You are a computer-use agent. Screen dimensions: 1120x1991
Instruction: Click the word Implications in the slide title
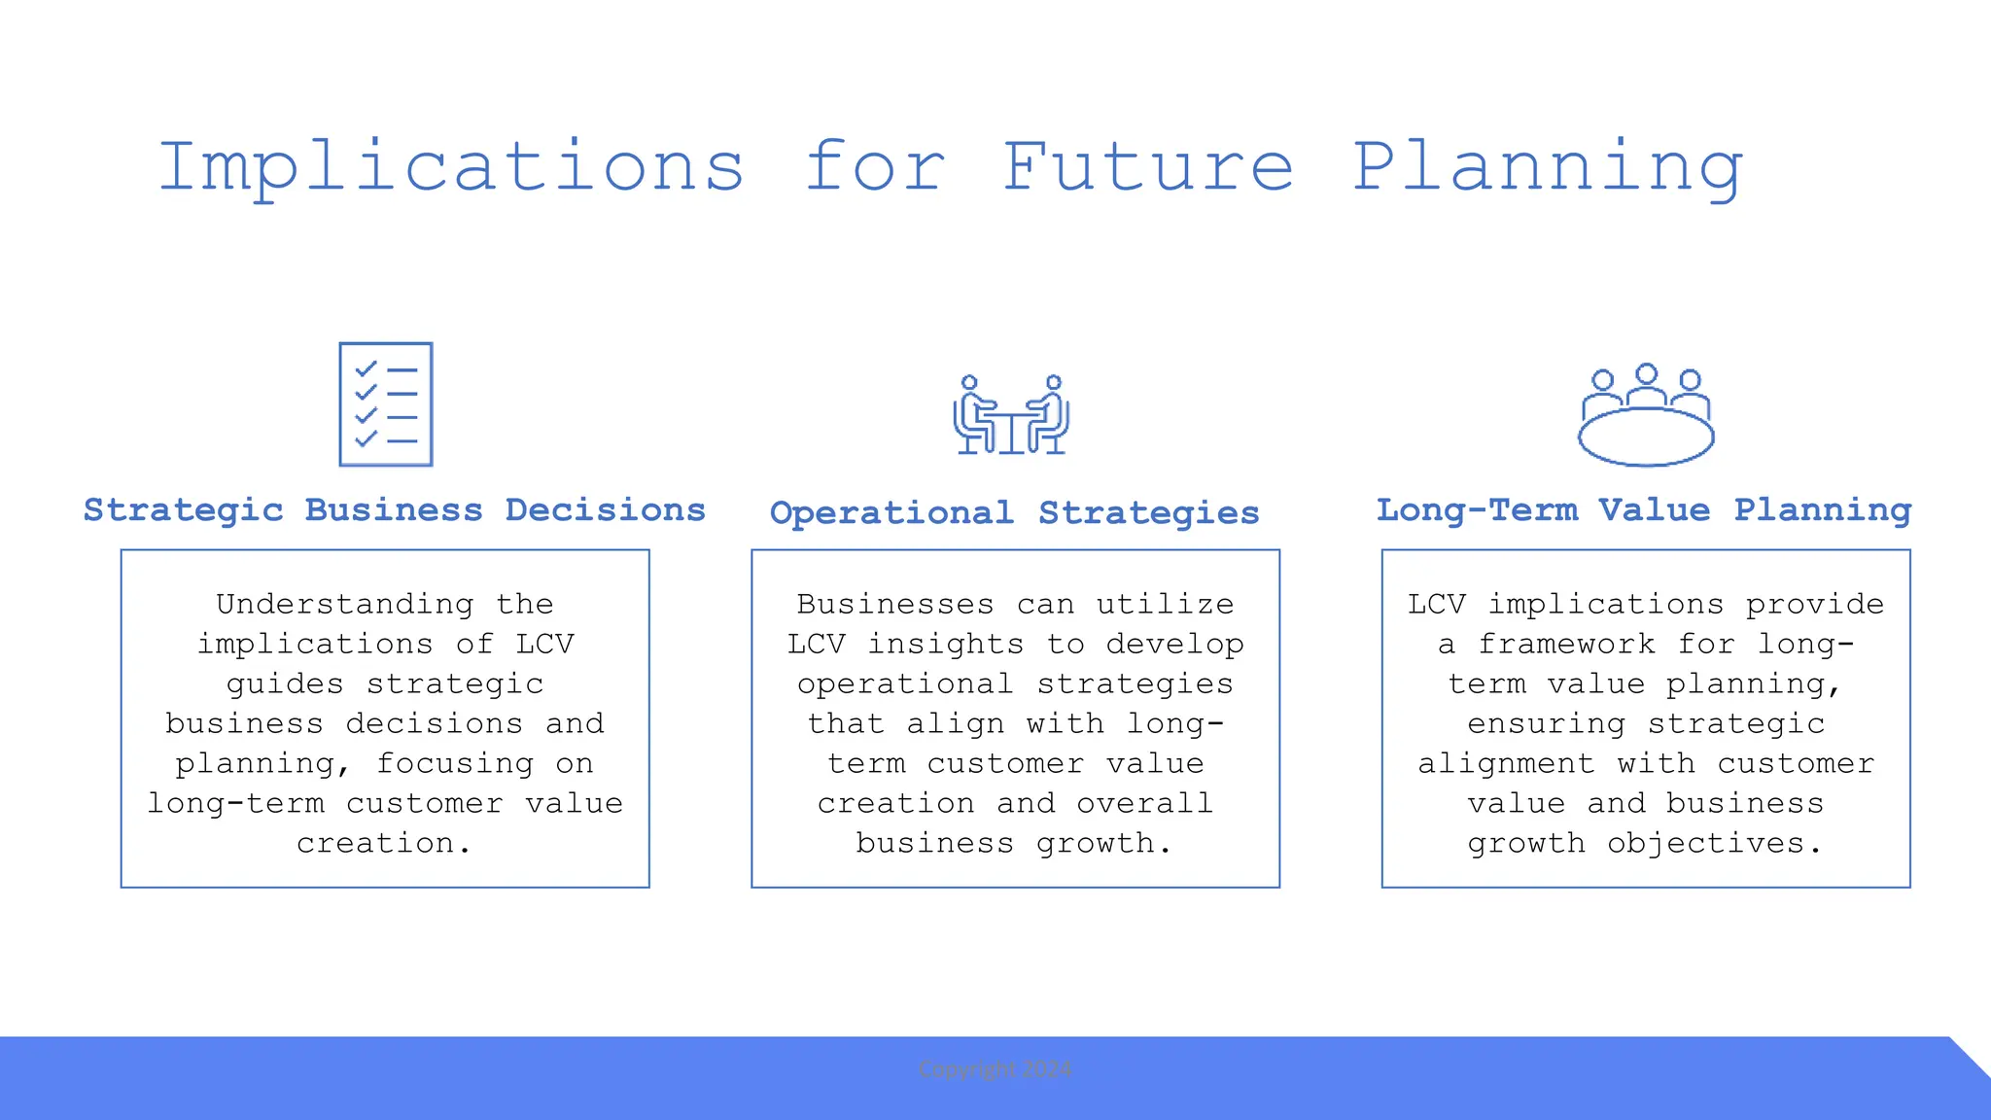(x=451, y=167)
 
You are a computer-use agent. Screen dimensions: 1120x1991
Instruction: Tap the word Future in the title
(x=1148, y=167)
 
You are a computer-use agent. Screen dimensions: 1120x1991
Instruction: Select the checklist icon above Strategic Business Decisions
(x=386, y=404)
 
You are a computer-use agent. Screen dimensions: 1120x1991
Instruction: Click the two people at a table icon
(x=1011, y=415)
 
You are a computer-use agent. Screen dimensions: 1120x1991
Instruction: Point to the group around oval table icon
(x=1645, y=416)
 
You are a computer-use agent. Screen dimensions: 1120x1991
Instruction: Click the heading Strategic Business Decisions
(x=395, y=510)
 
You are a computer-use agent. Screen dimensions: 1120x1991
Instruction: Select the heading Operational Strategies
(x=1014, y=513)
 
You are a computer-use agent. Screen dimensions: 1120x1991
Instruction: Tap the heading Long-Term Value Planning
(x=1644, y=510)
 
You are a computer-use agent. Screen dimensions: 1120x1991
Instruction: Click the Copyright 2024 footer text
(x=995, y=1069)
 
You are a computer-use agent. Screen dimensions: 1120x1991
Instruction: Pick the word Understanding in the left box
(x=345, y=605)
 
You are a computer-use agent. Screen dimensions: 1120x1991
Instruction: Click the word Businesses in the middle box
(x=895, y=605)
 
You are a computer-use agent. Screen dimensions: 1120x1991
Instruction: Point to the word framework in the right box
(x=1566, y=645)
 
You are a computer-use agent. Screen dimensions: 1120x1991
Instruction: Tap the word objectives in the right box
(x=1715, y=844)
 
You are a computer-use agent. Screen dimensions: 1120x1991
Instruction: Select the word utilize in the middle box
(x=1165, y=605)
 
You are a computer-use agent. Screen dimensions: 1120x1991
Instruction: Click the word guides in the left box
(x=285, y=685)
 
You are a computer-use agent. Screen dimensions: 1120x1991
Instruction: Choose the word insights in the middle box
(x=946, y=645)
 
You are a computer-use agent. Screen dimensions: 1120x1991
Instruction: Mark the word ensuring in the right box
(x=1546, y=725)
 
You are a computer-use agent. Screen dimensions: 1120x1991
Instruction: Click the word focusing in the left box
(x=455, y=765)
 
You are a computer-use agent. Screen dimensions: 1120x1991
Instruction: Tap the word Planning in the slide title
(x=1548, y=167)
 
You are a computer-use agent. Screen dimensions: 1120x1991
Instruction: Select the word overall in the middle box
(x=1144, y=804)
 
